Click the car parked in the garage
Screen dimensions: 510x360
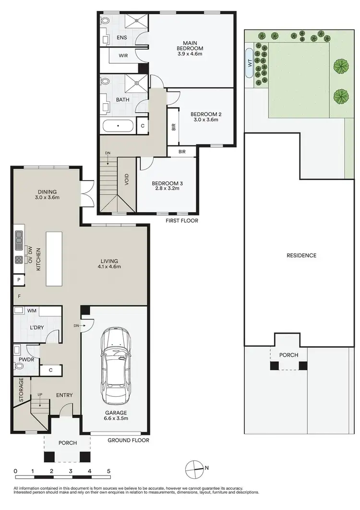115,365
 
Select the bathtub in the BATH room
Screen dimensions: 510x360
118,127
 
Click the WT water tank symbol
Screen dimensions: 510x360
250,62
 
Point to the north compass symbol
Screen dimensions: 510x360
193,467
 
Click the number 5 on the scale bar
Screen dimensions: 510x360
109,471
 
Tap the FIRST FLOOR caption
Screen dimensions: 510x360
181,221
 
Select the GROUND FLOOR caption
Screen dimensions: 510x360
128,440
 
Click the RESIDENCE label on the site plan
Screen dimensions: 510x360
301,255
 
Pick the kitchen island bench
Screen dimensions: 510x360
52,259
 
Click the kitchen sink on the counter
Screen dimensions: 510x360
19,239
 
